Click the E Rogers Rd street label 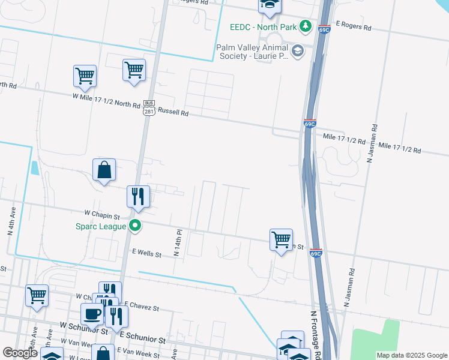point(354,28)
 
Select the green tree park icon point(306,26)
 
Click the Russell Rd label point(173,112)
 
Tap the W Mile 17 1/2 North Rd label point(106,100)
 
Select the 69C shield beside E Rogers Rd point(324,29)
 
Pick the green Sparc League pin point(136,226)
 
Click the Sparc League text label point(100,226)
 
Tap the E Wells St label point(142,254)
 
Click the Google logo point(20,353)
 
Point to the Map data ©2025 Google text point(411,355)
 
